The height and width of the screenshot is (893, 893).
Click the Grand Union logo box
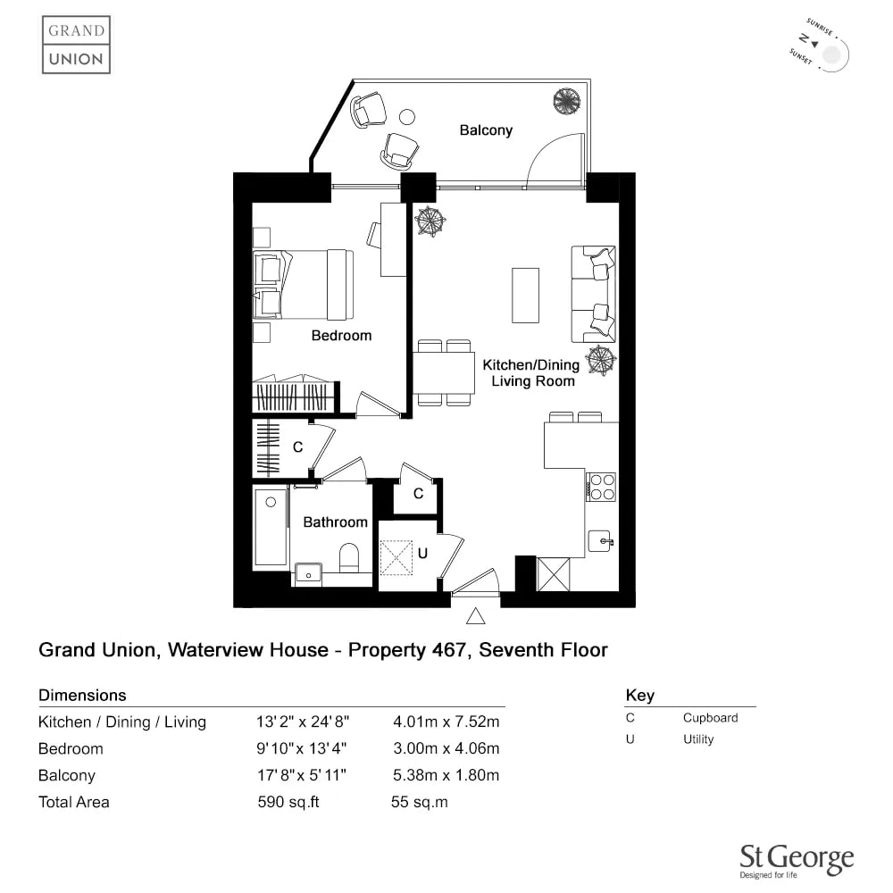click(x=76, y=45)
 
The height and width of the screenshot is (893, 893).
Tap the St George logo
click(x=797, y=861)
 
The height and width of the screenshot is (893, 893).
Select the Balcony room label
click(x=486, y=130)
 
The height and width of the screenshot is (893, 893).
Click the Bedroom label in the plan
click(x=341, y=336)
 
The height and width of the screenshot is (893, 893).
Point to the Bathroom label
click(x=335, y=522)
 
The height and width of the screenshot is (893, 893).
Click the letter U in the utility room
click(x=422, y=553)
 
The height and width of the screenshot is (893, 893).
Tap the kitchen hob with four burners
click(x=601, y=487)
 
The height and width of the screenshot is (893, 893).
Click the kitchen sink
click(x=600, y=540)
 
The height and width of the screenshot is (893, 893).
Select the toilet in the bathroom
click(x=348, y=557)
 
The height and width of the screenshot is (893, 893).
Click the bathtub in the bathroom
click(x=271, y=528)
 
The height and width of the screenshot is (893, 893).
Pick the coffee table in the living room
click(x=525, y=296)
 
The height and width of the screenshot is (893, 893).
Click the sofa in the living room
click(x=594, y=295)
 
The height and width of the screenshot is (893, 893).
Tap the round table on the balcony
click(x=406, y=117)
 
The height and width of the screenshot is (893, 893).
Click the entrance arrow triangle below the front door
click(x=476, y=616)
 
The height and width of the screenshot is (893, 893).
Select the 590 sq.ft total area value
click(x=288, y=802)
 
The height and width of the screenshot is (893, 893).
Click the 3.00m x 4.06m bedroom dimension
click(x=446, y=748)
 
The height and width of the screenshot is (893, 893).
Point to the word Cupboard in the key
click(x=710, y=718)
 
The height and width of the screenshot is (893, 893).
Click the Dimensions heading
click(x=82, y=695)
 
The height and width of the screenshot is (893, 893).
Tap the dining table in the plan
click(x=444, y=373)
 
